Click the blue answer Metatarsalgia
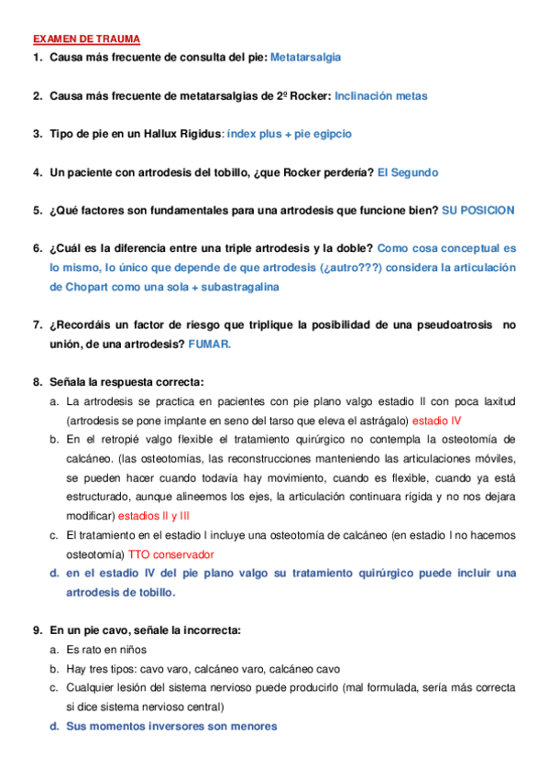click(306, 57)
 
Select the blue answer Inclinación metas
click(380, 95)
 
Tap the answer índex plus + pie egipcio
click(289, 134)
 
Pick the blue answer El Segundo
click(408, 172)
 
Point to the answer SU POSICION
click(478, 210)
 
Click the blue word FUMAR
click(210, 344)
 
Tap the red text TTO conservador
click(170, 554)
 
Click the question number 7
click(38, 324)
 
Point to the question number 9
click(38, 630)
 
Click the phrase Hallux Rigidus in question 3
click(183, 134)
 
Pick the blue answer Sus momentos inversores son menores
click(170, 726)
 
